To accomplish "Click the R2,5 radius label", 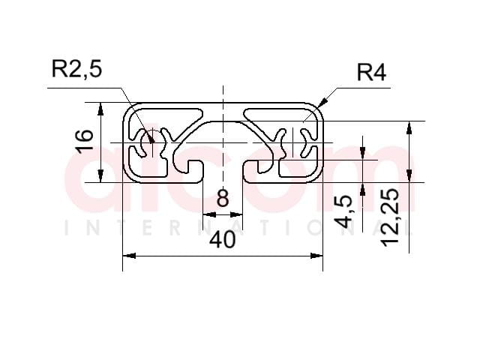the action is (x=76, y=69).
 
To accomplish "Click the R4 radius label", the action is (x=371, y=73).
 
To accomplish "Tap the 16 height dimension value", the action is (x=85, y=142).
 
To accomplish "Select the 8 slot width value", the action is (x=223, y=198).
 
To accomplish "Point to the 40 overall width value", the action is (x=223, y=239).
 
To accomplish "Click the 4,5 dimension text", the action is (x=343, y=211).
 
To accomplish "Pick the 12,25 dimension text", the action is (x=390, y=217).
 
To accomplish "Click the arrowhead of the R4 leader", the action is (x=323, y=102).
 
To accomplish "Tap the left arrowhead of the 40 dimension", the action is (x=129, y=256).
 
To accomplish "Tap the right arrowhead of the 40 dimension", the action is (x=316, y=256).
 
